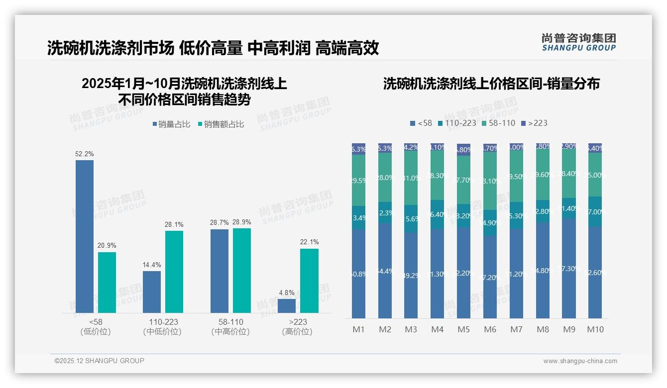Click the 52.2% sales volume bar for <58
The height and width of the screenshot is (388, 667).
85,236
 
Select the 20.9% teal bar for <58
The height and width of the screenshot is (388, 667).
107,282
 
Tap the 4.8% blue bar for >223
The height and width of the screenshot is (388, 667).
287,305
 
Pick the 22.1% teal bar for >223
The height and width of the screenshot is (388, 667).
309,281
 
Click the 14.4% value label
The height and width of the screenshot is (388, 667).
152,265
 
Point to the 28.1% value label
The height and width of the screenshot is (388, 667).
174,225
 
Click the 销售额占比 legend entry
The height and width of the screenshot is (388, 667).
221,124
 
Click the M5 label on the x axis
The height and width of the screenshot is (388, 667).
463,329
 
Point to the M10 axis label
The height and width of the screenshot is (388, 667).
595,329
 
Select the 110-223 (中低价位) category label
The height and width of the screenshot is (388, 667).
162,327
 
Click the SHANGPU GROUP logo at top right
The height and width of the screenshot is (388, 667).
578,42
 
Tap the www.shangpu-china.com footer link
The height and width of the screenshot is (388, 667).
580,361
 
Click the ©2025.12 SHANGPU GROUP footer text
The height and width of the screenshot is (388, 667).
100,361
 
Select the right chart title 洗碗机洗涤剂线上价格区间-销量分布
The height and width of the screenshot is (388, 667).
491,84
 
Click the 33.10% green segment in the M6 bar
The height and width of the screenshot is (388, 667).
490,181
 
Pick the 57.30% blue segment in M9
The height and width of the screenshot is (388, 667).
569,269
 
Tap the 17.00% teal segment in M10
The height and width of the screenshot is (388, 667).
595,212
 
